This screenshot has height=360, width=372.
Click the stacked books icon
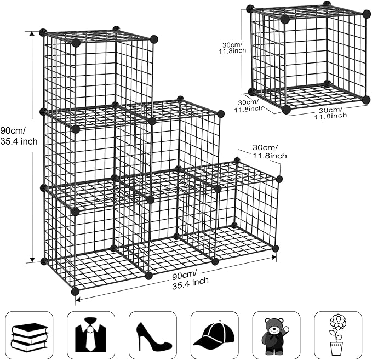pyautogui.click(x=30, y=336)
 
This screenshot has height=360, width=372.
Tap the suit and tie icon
pyautogui.click(x=91, y=336)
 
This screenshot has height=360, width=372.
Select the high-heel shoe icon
pyautogui.click(x=153, y=336)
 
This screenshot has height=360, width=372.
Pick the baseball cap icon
pyautogui.click(x=214, y=336)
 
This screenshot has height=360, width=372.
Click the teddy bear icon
pyautogui.click(x=276, y=336)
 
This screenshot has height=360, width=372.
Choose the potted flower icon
pyautogui.click(x=337, y=335)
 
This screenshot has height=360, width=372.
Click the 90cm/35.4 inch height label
pyautogui.click(x=19, y=136)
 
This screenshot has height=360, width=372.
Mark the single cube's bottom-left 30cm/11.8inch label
pyautogui.click(x=246, y=106)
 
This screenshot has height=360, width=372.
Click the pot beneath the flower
pyautogui.click(x=336, y=348)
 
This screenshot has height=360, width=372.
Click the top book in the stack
pyautogui.click(x=30, y=328)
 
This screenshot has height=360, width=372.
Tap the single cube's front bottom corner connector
pyautogui.click(x=286, y=110)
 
